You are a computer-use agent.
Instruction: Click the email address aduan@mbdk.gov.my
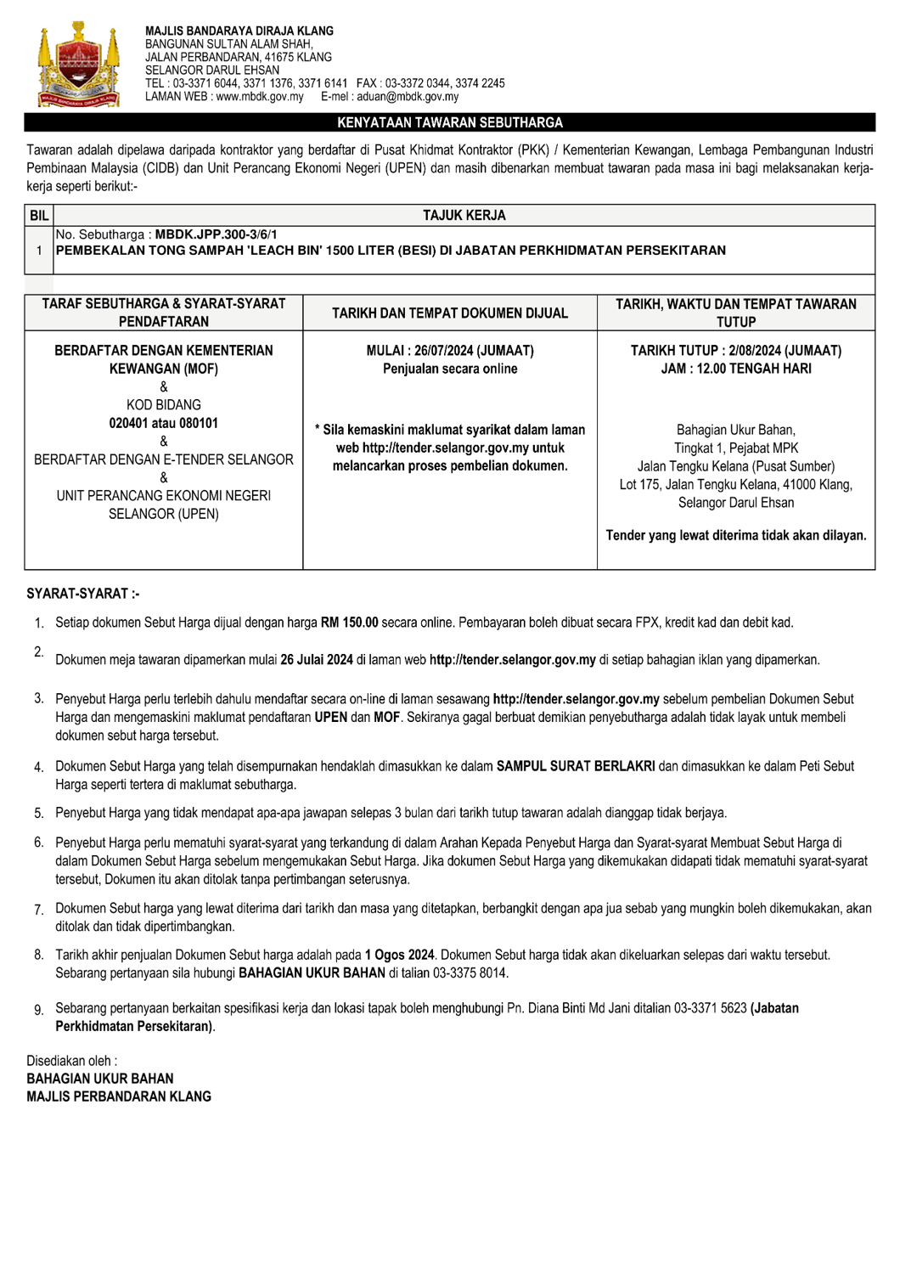408,97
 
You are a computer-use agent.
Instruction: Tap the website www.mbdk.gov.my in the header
260,97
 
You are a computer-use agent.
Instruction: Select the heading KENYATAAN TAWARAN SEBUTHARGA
450,123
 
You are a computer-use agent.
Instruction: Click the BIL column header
39,216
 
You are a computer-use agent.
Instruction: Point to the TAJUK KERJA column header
464,216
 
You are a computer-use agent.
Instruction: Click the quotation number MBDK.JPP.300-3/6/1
216,234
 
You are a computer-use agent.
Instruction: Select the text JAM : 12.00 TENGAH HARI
735,369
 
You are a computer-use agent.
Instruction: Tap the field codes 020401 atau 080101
164,423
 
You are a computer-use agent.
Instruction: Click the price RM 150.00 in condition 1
349,623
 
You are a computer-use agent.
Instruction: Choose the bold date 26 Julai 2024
317,660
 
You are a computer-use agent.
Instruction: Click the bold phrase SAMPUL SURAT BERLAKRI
576,766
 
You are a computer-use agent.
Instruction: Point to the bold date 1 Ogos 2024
399,956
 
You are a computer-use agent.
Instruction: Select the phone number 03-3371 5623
711,1008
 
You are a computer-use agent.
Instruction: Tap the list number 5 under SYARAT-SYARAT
39,814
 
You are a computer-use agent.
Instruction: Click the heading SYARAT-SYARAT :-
83,594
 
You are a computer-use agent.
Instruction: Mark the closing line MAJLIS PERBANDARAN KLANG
119,1096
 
